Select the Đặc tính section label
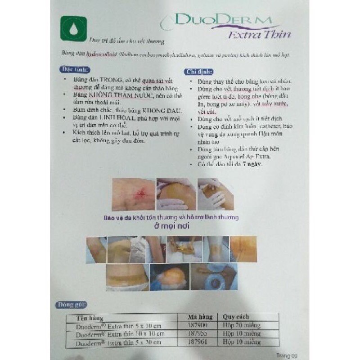coord(75,69)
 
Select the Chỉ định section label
coord(199,72)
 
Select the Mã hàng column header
coord(197,316)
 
